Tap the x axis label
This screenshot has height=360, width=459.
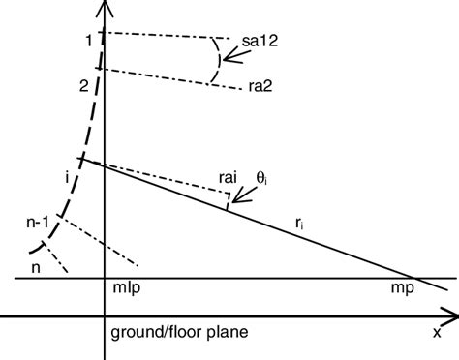[437, 334]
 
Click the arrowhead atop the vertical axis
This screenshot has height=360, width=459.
[103, 8]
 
